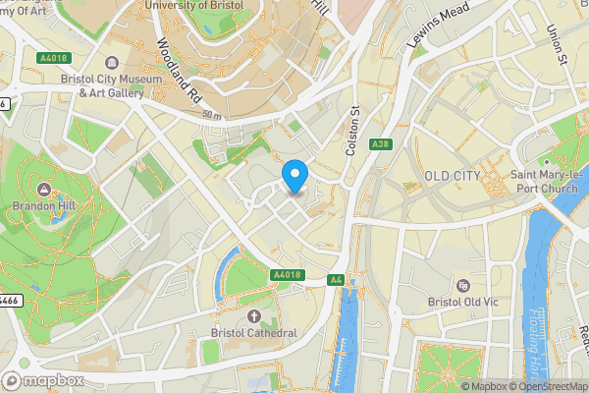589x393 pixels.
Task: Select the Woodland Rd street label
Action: pyautogui.click(x=180, y=70)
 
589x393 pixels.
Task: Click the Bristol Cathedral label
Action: pyautogui.click(x=253, y=333)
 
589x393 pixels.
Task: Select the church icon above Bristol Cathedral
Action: pyautogui.click(x=253, y=315)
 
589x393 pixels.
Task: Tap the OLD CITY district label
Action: pyautogui.click(x=453, y=176)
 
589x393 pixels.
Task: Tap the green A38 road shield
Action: pyautogui.click(x=382, y=144)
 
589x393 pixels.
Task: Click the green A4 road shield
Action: pyautogui.click(x=336, y=280)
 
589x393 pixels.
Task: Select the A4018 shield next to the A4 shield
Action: pyautogui.click(x=286, y=275)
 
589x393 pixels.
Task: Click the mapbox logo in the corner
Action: pyautogui.click(x=44, y=380)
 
